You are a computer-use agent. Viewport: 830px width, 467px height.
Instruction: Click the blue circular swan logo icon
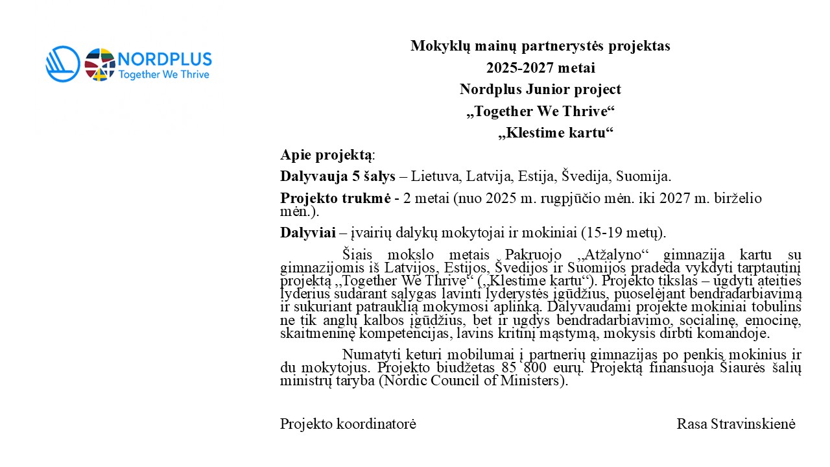pos(63,64)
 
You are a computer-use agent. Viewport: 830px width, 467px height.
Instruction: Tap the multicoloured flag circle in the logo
pos(100,64)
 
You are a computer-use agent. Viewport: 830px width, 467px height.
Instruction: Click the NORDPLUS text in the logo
pos(165,59)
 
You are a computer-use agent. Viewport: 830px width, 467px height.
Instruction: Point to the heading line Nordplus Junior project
pos(540,90)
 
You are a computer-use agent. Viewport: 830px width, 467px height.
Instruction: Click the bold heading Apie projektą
pos(327,155)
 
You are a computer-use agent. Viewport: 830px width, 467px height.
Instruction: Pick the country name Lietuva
pos(434,176)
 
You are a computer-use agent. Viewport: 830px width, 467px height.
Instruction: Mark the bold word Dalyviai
pos(307,232)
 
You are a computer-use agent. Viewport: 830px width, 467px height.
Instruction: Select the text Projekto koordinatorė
pos(348,424)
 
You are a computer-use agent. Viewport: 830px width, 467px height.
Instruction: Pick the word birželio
pos(739,198)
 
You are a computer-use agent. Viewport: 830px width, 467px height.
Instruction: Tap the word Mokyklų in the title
pos(440,46)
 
